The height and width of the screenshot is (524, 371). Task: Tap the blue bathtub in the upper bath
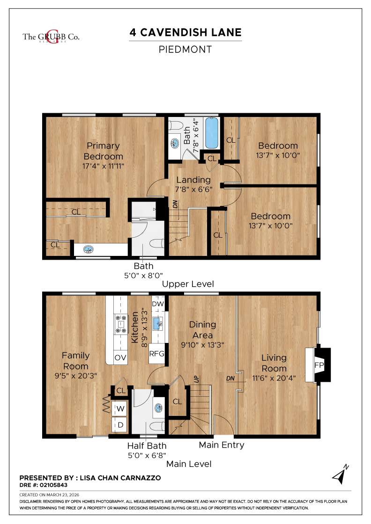[212, 132]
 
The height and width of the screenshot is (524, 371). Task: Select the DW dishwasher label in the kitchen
[158, 303]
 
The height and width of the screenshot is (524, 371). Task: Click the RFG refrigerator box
[157, 353]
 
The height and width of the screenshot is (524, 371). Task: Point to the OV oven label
[120, 357]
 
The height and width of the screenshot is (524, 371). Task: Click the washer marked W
[120, 408]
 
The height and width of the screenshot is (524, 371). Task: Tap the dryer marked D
[120, 425]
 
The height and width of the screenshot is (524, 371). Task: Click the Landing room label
[193, 180]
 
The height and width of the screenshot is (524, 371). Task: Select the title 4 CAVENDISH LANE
[185, 33]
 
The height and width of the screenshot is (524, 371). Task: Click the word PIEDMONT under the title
[185, 49]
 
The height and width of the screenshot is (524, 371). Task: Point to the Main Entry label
[222, 445]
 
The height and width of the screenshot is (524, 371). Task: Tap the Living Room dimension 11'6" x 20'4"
[274, 378]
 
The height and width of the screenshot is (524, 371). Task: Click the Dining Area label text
[202, 330]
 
